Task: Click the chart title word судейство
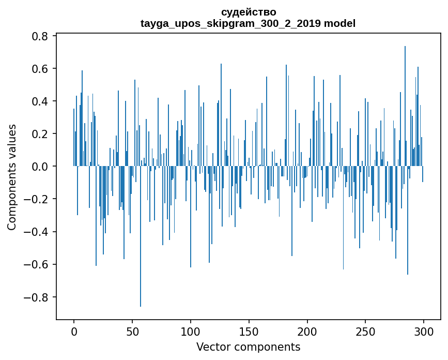point(248,12)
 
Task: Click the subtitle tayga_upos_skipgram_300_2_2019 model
point(248,23)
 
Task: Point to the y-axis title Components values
point(12,177)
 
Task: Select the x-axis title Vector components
point(248,347)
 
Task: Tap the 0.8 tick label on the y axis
point(40,36)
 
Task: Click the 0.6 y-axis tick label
point(40,69)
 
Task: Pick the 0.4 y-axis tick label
point(40,101)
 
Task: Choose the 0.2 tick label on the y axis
point(40,134)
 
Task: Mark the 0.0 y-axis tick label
point(40,167)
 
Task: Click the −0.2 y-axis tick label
point(37,199)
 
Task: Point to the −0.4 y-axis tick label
point(37,232)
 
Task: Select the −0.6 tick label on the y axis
point(37,264)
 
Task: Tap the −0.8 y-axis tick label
point(37,297)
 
